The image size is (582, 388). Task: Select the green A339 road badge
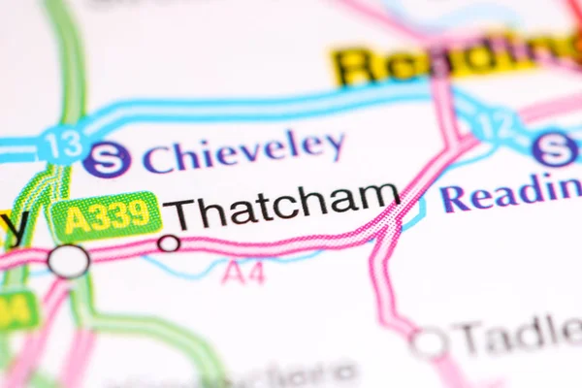[x=105, y=216]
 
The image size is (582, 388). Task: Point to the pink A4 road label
[x=242, y=274]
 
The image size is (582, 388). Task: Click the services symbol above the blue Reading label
[x=554, y=148]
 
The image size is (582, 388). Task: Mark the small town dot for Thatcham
[x=169, y=242]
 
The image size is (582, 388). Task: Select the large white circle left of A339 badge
[x=68, y=260]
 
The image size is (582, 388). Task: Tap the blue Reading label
[x=510, y=193]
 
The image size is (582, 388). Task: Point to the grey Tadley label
[x=520, y=336]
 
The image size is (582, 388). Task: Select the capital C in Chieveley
[x=158, y=157]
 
